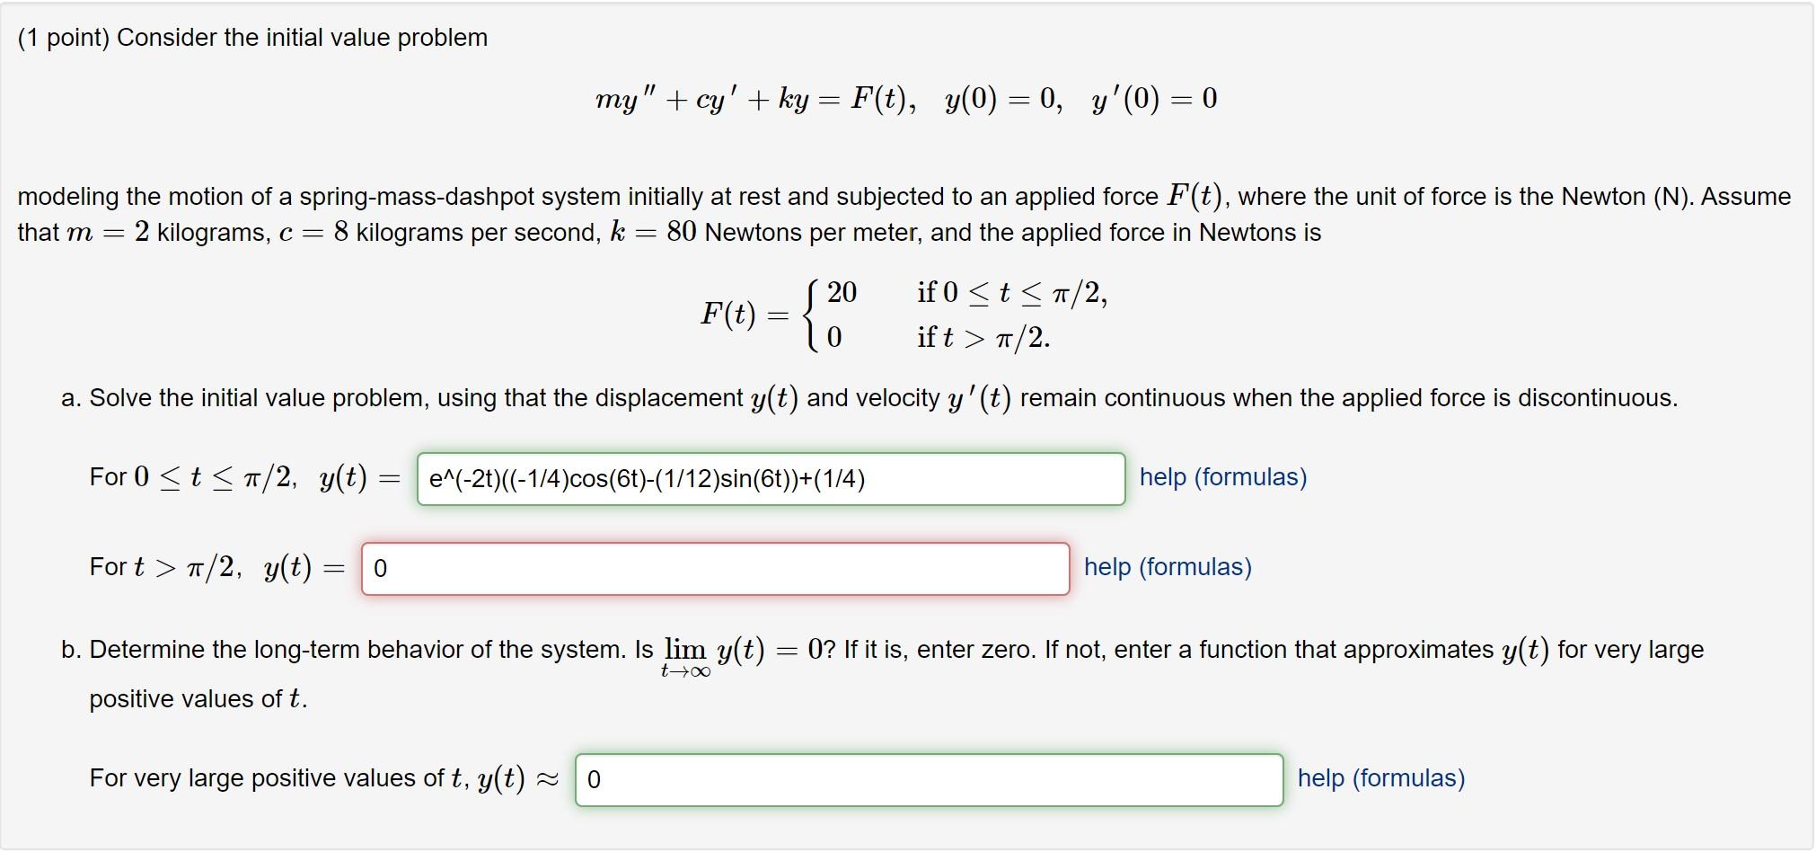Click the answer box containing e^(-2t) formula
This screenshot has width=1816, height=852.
[771, 479]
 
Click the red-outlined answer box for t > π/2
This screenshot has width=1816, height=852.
[715, 569]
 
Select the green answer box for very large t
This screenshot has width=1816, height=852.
[929, 779]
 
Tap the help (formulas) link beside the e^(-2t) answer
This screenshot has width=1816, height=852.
[1222, 477]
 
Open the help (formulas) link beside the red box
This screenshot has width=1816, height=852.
[1167, 567]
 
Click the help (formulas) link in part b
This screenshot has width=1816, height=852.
[1380, 778]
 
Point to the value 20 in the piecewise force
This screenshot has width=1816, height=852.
[842, 292]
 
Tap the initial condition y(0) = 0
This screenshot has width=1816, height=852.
[1002, 99]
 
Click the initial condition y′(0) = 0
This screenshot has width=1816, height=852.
[1154, 99]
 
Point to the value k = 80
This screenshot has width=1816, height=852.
[653, 233]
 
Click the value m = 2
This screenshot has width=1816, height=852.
[108, 233]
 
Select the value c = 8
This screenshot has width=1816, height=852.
[313, 233]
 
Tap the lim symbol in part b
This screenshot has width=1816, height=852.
[685, 649]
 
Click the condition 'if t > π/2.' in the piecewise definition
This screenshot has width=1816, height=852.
[983, 338]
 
